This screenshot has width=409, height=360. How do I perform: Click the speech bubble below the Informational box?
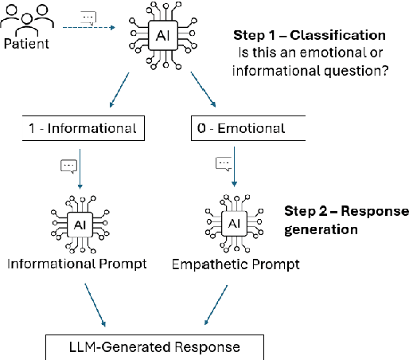(68, 166)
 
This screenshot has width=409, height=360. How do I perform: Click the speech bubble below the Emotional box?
(224, 164)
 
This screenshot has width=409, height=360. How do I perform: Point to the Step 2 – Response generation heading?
(346, 220)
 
